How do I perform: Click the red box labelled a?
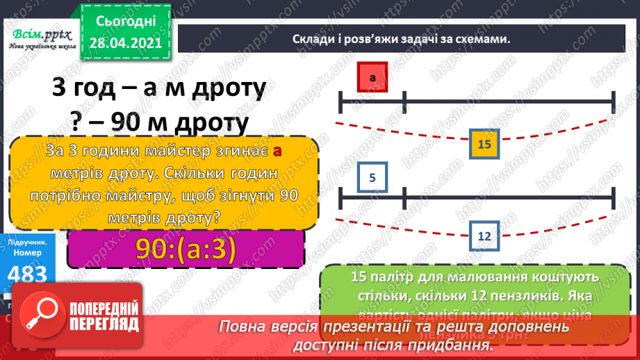pos(372,77)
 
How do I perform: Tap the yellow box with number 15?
pos(485,145)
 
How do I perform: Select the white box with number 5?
pos(372,177)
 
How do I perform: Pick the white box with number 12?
pos(485,236)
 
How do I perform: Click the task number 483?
pos(28,273)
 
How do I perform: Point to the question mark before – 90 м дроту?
pos(77,123)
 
